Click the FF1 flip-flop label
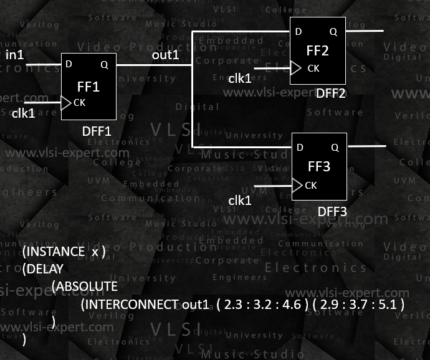88,87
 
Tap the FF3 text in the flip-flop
318,167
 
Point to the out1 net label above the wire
166,55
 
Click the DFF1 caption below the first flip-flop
97,131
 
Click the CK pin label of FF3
311,185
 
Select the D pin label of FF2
299,31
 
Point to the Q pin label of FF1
103,64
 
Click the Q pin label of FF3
335,148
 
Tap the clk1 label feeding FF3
240,201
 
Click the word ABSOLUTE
85,287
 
